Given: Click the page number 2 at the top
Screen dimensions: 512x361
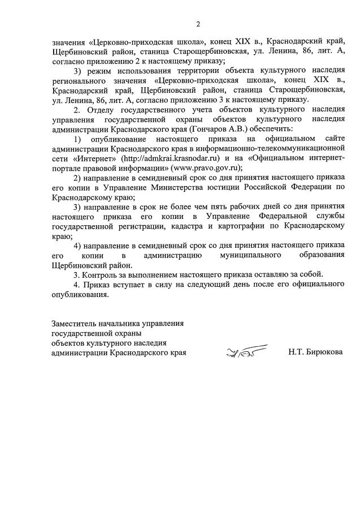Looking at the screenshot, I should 198,24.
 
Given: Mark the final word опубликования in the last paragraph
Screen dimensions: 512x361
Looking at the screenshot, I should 77,295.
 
